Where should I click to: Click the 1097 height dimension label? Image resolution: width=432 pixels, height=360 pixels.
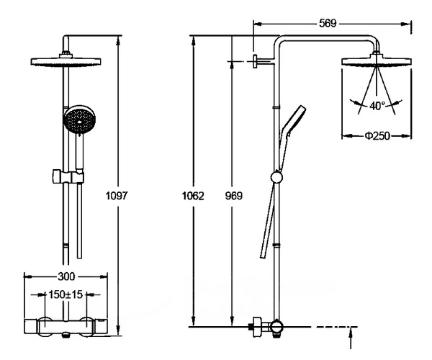click(117, 196)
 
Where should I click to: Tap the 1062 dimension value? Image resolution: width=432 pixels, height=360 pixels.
click(193, 196)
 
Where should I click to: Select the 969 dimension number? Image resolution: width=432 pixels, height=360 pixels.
click(233, 196)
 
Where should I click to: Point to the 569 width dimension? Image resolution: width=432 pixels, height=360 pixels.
click(328, 24)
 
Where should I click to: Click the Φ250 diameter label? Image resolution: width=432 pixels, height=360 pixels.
click(377, 136)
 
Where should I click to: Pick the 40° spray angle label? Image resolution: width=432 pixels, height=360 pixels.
click(377, 106)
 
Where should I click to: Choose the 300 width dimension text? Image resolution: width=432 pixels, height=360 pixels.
click(66, 276)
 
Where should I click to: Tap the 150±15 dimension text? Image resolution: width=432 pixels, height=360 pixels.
click(66, 294)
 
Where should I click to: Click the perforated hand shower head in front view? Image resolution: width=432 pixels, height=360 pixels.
click(80, 120)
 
